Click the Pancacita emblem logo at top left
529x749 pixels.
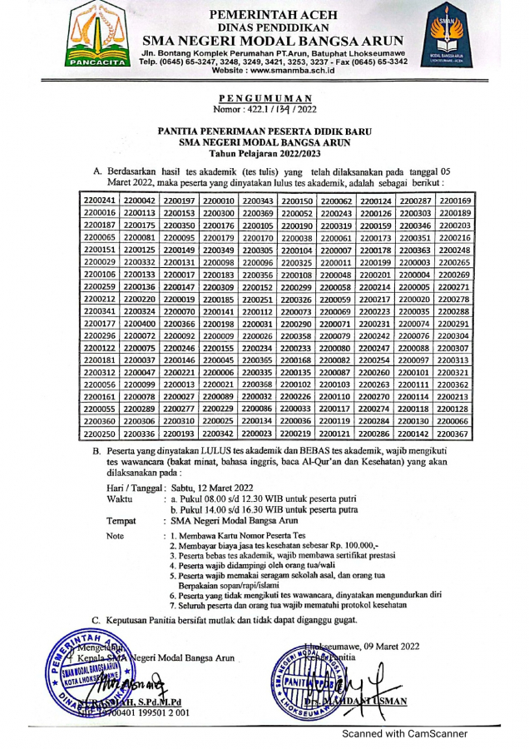pos(94,36)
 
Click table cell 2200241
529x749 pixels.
pos(100,201)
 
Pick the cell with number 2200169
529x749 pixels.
pos(455,201)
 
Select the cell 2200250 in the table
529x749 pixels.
pos(100,434)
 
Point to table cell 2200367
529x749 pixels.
pos(455,434)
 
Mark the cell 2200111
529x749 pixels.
pos(415,385)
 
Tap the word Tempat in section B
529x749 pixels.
pos(122,520)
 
